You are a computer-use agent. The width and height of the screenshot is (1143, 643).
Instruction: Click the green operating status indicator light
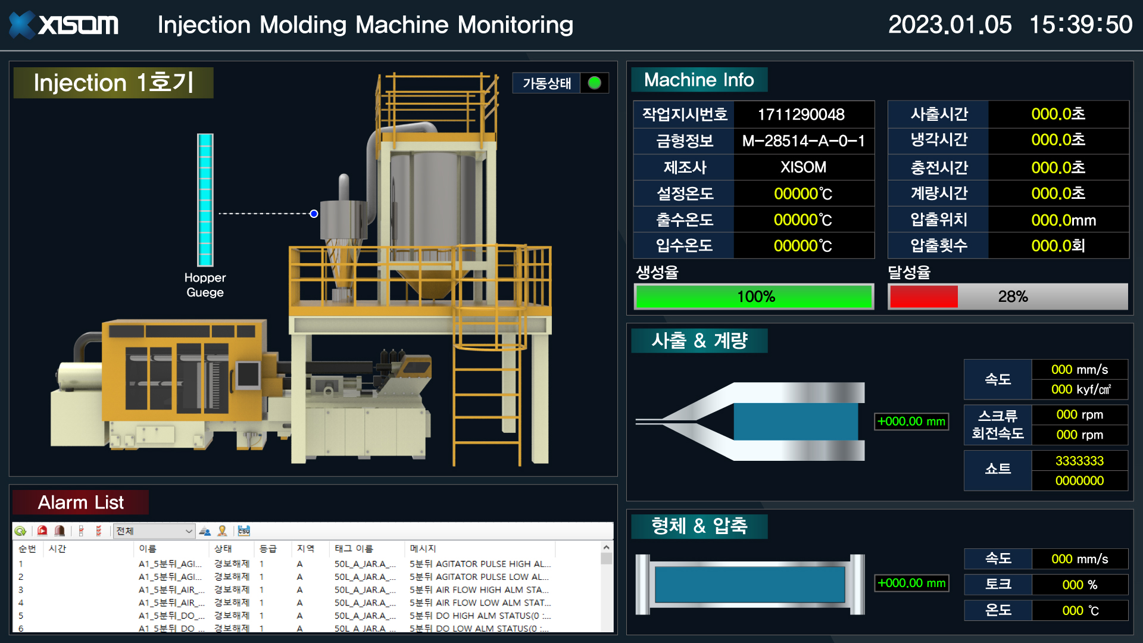click(594, 83)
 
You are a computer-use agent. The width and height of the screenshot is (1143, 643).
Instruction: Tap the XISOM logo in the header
click(64, 25)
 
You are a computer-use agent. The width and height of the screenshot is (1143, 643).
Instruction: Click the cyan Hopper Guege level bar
click(205, 200)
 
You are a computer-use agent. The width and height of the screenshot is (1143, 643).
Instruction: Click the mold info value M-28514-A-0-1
click(803, 141)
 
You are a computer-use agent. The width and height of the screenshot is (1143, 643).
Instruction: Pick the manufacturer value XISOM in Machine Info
click(803, 167)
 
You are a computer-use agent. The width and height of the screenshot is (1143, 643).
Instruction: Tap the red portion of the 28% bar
click(923, 296)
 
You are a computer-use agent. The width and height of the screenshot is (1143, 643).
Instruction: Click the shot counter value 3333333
click(1079, 461)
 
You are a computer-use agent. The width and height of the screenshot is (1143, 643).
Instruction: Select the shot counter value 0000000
click(1079, 480)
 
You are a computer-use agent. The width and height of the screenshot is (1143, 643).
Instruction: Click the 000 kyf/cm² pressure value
click(1080, 389)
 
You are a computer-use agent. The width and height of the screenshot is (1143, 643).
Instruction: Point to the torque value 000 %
click(1079, 585)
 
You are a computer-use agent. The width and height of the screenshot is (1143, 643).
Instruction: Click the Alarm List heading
click(81, 502)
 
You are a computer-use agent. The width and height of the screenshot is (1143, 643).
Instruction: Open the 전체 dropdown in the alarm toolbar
click(155, 531)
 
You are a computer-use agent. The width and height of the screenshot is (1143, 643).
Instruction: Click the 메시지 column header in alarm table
click(423, 548)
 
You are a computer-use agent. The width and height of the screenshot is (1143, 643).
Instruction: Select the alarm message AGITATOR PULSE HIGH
click(480, 564)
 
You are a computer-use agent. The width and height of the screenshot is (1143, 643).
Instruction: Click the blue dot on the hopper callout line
click(314, 214)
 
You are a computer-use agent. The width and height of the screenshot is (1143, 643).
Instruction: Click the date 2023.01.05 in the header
click(950, 25)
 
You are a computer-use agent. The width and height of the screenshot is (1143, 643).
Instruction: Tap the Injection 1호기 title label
click(113, 83)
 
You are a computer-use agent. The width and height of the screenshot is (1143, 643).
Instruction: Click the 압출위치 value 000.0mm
click(1063, 220)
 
